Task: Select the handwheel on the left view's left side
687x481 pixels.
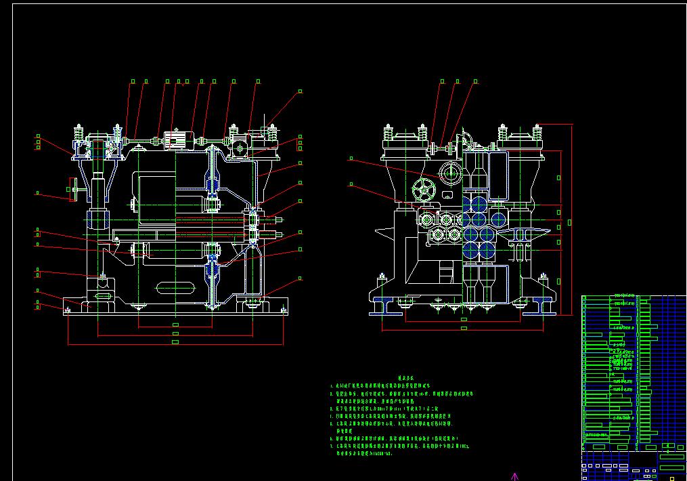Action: tap(72, 189)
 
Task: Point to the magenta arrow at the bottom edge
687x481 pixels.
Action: tap(514, 476)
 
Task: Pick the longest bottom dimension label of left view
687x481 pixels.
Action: tap(175, 342)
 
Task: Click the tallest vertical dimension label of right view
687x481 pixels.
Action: tap(570, 222)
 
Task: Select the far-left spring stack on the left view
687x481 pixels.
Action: tap(79, 135)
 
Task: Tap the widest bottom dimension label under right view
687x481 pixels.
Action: tap(464, 329)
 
